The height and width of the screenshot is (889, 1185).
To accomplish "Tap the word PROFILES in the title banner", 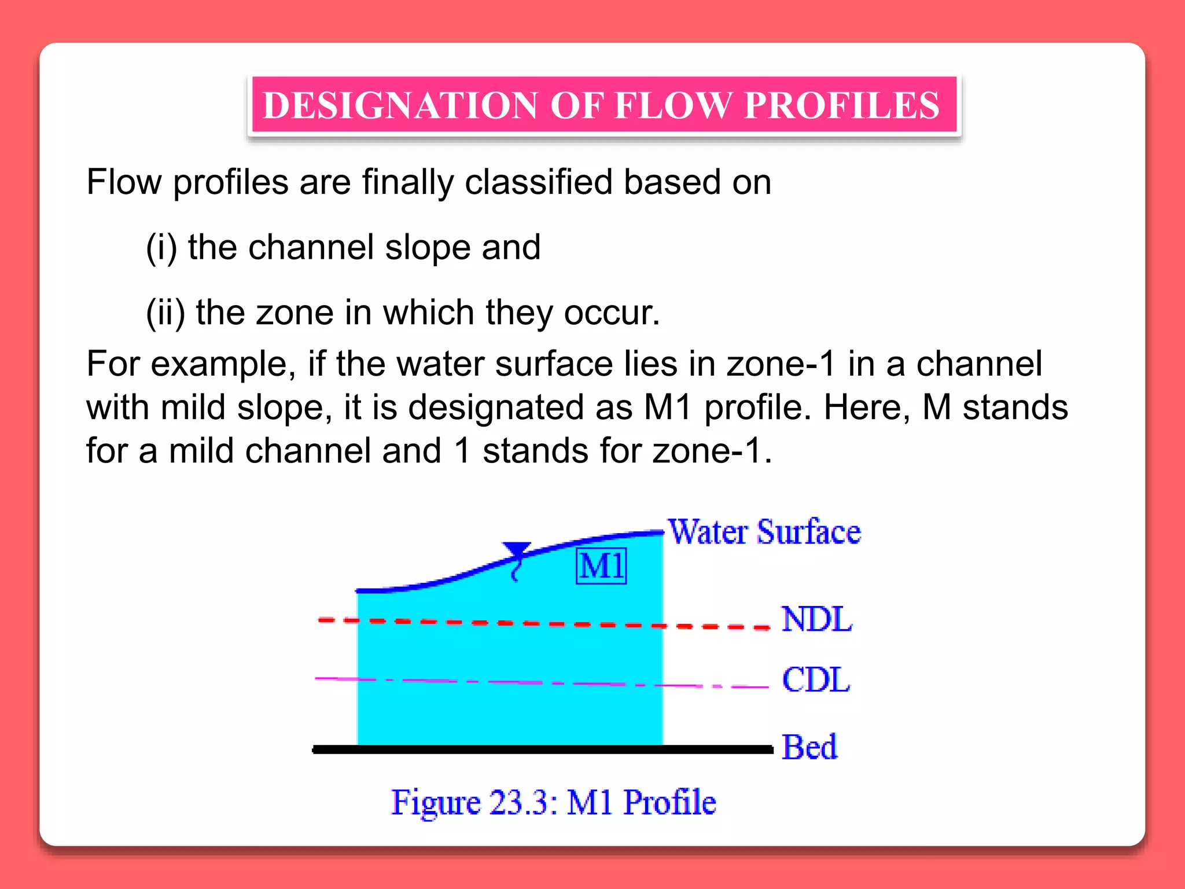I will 841,105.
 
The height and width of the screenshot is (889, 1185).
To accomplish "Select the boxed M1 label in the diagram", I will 601,565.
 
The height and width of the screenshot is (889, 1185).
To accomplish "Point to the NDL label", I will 816,619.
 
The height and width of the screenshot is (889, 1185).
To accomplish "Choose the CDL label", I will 816,679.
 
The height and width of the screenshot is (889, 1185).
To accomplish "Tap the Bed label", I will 809,747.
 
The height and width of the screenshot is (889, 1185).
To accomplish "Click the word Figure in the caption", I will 435,803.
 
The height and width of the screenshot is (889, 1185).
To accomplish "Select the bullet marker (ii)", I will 165,313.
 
